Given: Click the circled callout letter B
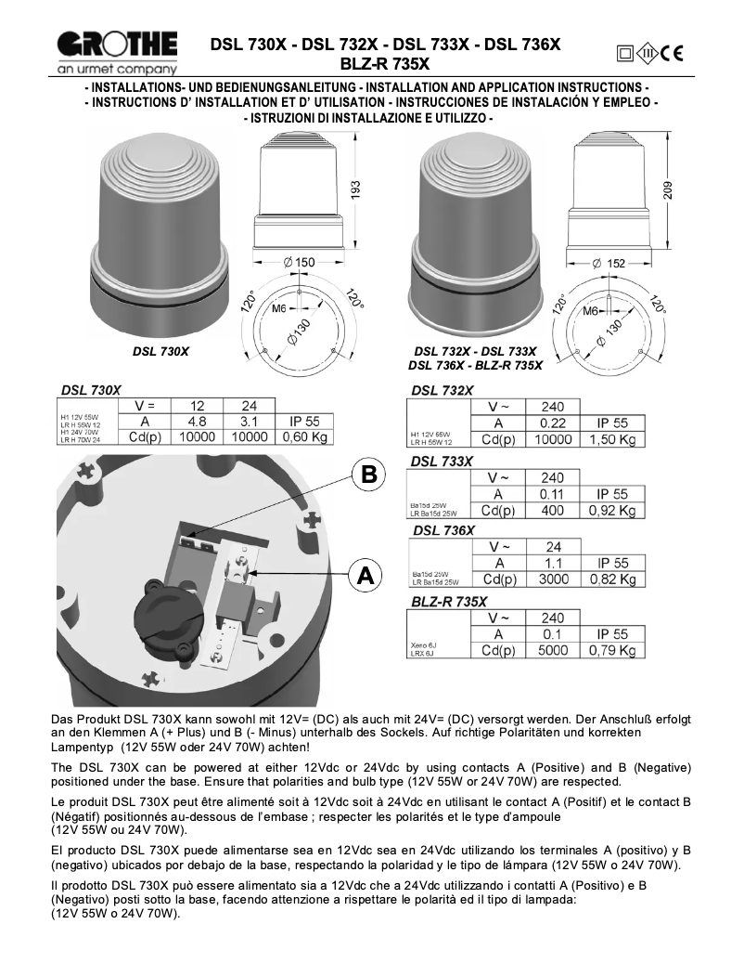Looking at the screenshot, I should coord(368,475).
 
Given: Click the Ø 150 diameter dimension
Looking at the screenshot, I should coord(301,263).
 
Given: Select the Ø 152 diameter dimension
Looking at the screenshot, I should coord(609,263).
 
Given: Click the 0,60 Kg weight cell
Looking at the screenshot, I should coord(305,437).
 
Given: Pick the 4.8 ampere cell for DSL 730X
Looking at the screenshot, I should coord(196,421).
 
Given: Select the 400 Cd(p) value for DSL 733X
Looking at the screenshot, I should coord(553,510).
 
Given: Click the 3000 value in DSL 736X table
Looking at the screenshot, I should coord(553,579).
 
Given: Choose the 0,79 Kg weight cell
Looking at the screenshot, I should coord(612,650).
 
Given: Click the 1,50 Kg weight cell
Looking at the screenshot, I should coord(612,439).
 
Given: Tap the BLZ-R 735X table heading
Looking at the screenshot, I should coord(448,601).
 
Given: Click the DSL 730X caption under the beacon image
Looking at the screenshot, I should coord(160,353).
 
